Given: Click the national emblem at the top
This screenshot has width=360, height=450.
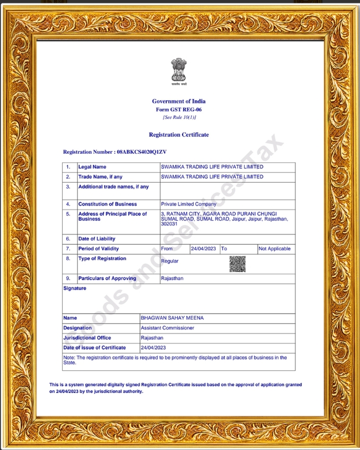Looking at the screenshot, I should click(179, 72).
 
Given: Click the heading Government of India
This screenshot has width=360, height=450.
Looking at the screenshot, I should click(179, 101).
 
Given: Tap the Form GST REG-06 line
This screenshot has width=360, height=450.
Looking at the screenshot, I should click(179, 109).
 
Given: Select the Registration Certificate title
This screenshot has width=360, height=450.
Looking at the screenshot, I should click(179, 135).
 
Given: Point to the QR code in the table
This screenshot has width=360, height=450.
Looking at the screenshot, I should click(237, 264).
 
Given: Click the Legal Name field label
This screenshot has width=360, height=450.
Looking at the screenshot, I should click(92, 167).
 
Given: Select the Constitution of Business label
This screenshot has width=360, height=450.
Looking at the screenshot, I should click(108, 204).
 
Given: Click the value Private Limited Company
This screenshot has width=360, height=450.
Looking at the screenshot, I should click(188, 204).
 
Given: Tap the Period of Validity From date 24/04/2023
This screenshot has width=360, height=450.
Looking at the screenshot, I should click(203, 249).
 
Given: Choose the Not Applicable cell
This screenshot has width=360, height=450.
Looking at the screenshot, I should click(275, 249).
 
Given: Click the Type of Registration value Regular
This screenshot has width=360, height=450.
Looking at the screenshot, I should click(170, 261).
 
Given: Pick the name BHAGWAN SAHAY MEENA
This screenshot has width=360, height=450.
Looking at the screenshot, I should click(172, 318).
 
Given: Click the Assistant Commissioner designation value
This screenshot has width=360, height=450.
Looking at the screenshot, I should click(167, 328).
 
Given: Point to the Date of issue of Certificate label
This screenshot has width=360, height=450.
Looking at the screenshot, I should click(94, 348).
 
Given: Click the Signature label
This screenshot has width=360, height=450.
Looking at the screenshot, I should click(74, 288).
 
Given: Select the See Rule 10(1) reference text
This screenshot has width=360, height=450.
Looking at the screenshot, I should click(179, 117).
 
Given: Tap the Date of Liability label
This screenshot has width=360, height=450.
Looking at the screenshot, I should click(97, 239).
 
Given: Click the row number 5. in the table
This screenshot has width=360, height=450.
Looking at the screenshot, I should click(68, 214).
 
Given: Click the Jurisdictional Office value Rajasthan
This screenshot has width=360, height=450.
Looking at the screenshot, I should click(152, 338).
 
